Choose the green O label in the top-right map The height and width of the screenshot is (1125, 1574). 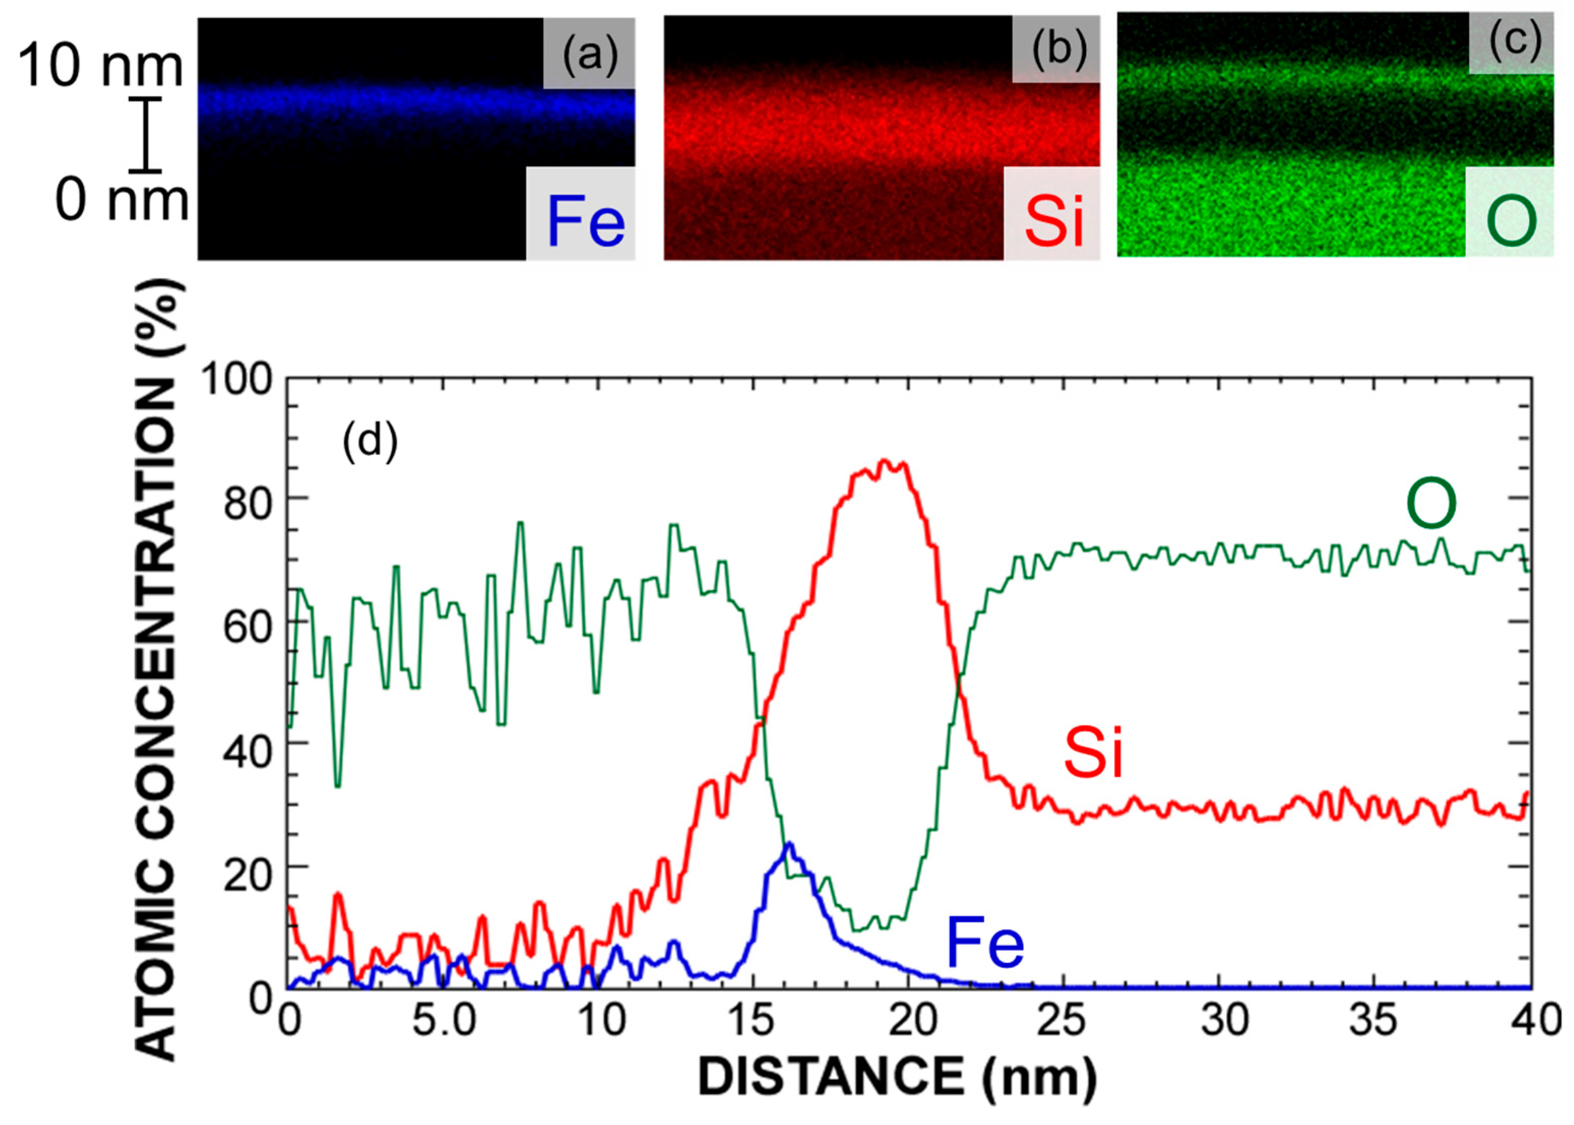point(1511,221)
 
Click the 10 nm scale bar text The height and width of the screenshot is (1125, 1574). point(101,67)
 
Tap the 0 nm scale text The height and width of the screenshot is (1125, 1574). point(122,201)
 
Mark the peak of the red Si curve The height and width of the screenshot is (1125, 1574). point(884,461)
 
